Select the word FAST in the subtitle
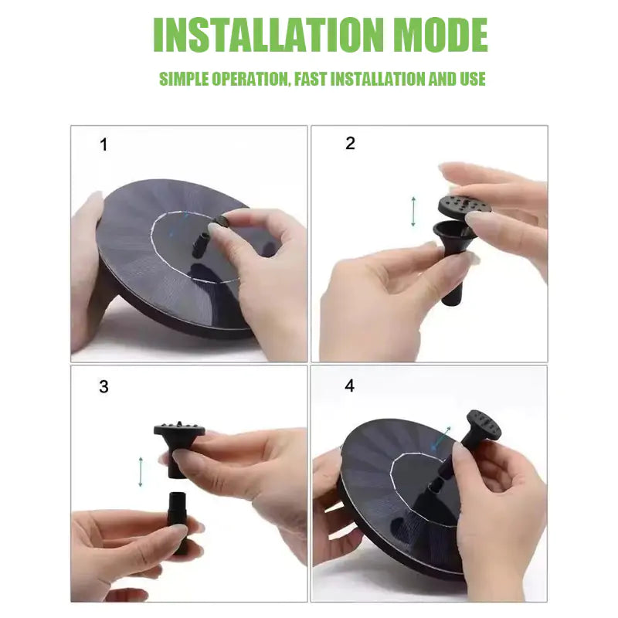[x=314, y=79]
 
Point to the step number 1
[x=104, y=145]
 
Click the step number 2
[x=350, y=144]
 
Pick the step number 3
[x=104, y=387]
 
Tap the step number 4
[x=350, y=385]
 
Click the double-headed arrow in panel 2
[x=413, y=211]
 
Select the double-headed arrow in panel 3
[x=141, y=471]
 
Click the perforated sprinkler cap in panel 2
[x=464, y=205]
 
